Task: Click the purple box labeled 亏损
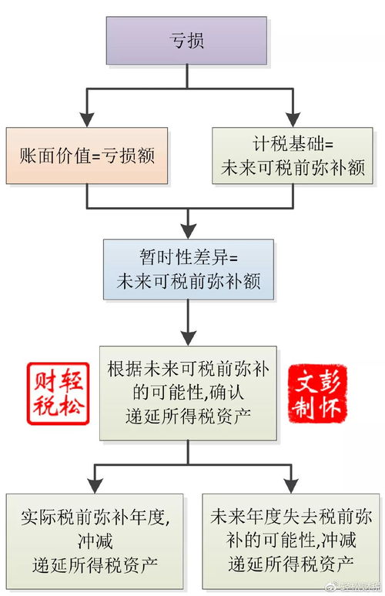coord(188,40)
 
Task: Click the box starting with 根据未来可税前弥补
coord(188,392)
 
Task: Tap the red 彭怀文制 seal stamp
coord(316,393)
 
